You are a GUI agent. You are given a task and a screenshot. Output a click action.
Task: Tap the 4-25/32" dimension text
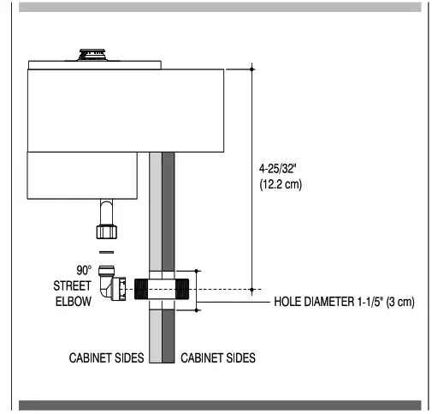click(x=280, y=170)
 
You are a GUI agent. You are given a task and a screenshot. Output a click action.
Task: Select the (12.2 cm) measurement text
click(x=281, y=184)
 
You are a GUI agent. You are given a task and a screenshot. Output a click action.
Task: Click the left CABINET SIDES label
click(x=106, y=356)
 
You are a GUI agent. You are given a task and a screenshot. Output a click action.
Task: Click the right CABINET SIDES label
click(x=218, y=356)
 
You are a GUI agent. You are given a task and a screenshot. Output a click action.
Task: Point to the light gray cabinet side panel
click(x=155, y=214)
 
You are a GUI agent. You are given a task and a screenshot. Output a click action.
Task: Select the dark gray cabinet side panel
click(x=169, y=214)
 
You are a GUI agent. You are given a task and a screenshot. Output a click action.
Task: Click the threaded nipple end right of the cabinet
click(x=186, y=289)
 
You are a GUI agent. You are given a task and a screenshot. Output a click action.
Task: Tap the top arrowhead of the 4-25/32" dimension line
click(x=253, y=69)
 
